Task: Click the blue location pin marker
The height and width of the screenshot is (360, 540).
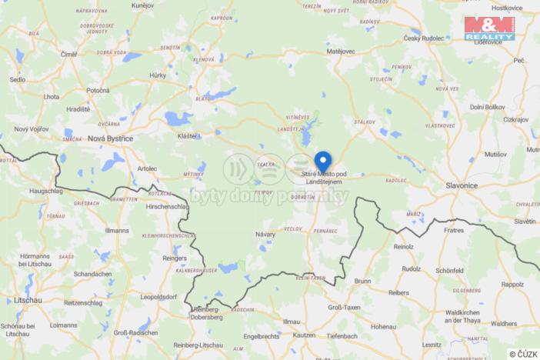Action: point(323,162)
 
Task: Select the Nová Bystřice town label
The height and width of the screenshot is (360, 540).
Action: point(111,138)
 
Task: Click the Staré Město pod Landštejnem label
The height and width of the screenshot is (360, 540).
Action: point(324,178)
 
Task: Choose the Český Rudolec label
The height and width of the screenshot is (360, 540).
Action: point(424,39)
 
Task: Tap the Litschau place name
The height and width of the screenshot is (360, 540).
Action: point(17,299)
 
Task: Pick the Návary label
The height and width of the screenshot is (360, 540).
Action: point(265,232)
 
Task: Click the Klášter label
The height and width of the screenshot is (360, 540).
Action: point(188,136)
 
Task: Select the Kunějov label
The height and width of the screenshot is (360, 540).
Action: point(143,5)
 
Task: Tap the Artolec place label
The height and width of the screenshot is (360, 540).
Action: point(147,167)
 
